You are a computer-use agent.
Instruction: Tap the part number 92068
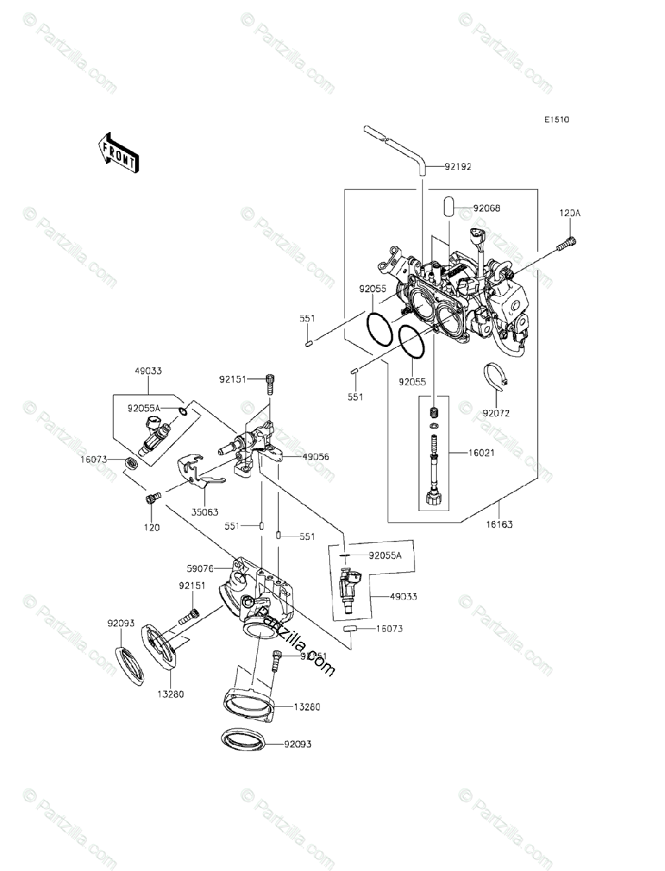[x=486, y=208]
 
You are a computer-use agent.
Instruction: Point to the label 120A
[x=570, y=213]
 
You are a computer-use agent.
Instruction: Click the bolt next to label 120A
[x=566, y=245]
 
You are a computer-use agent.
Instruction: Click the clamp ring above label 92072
[x=497, y=375]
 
